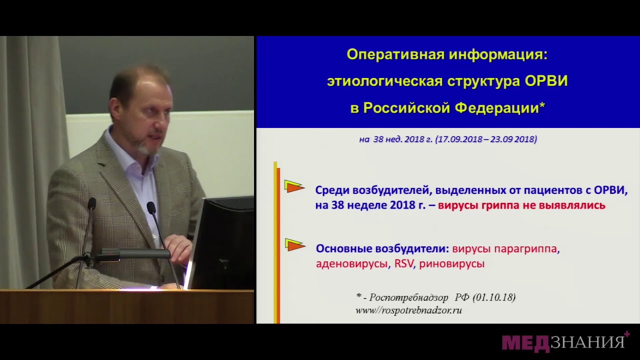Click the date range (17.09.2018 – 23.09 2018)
486,139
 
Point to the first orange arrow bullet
294,187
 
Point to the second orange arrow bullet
295,245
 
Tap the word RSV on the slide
404,263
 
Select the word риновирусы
452,263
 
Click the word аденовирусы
351,263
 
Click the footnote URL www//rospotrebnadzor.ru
408,310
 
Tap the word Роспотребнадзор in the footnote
409,297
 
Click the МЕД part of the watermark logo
525,343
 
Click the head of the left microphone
91,203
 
